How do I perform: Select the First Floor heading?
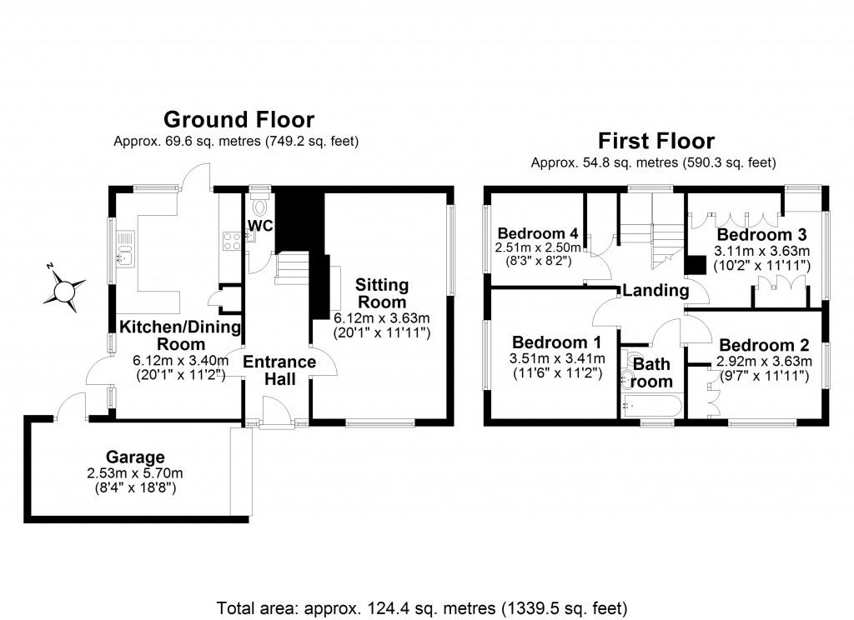[x=656, y=140]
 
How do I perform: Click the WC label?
[x=262, y=225]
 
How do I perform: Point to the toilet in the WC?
[x=259, y=207]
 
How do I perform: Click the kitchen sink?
[x=126, y=247]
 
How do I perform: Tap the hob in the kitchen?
[x=231, y=242]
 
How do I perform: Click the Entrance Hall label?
[x=279, y=371]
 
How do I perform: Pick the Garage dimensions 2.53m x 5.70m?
[x=135, y=473]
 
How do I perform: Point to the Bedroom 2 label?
[x=764, y=345]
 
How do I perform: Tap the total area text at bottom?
[x=422, y=607]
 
